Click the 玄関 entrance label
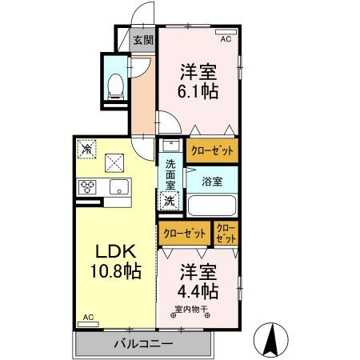tap(142, 40)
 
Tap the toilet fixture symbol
tap(115, 82)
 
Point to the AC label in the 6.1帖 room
tap(225, 38)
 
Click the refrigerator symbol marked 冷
tap(86, 149)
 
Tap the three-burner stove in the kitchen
tap(87, 187)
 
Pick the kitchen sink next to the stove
tap(117, 187)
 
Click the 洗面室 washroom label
tap(170, 175)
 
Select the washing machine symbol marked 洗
tap(170, 201)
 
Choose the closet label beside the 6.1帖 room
tap(212, 149)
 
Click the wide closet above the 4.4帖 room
tap(184, 234)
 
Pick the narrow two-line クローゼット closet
tap(226, 234)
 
